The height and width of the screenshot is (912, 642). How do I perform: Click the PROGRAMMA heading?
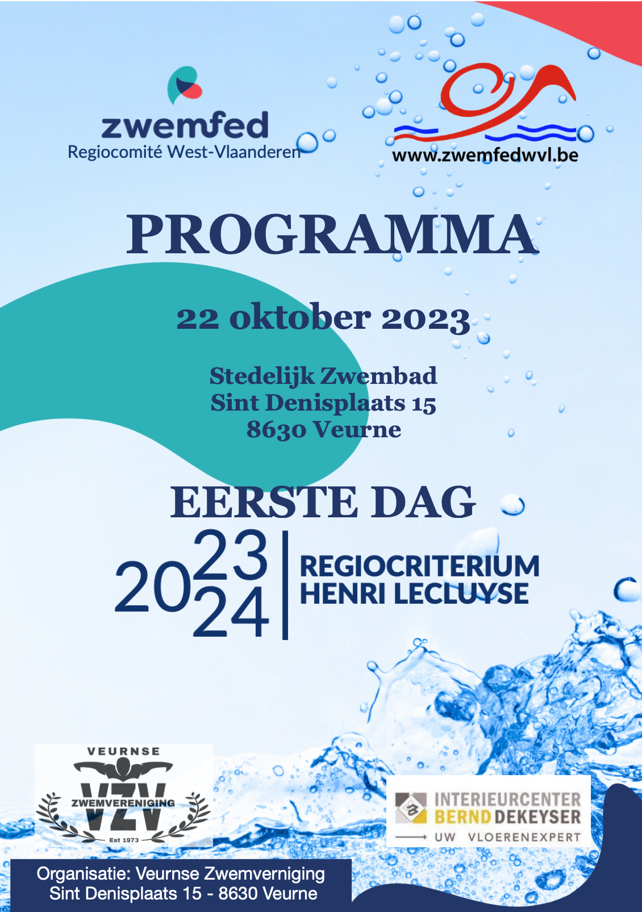click(x=332, y=235)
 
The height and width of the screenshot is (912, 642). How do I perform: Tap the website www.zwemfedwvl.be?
click(x=485, y=155)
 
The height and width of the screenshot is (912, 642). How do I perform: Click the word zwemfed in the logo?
click(x=185, y=126)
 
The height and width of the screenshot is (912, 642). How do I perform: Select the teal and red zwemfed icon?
click(x=184, y=85)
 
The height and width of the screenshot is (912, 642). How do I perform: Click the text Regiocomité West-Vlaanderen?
click(x=184, y=152)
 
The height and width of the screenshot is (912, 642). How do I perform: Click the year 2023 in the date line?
click(x=426, y=319)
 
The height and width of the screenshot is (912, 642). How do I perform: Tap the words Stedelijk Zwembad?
click(x=323, y=376)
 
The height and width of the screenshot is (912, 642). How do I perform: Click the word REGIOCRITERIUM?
click(x=419, y=566)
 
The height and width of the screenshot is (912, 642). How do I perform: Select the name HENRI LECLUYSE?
click(x=414, y=594)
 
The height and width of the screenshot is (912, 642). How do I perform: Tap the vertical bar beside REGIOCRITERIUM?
click(x=285, y=585)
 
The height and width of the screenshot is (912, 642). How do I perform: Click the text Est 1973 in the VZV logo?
click(x=124, y=839)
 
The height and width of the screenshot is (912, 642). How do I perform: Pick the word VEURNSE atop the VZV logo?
click(x=124, y=751)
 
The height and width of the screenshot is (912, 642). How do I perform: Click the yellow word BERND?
click(x=462, y=817)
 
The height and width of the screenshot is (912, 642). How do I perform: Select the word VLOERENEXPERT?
click(x=524, y=837)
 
